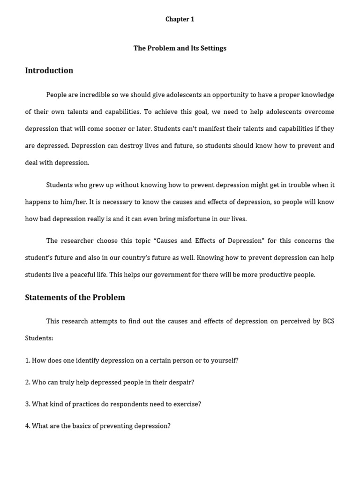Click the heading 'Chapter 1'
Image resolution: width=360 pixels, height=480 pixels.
click(180, 19)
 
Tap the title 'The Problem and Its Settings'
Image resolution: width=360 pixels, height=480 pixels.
click(180, 48)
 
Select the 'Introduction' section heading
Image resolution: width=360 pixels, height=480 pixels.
click(49, 71)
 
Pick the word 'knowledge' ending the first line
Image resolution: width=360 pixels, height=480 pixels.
click(317, 95)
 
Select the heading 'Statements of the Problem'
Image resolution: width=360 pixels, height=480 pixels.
click(75, 298)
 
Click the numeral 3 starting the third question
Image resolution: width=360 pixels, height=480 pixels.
click(27, 404)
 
